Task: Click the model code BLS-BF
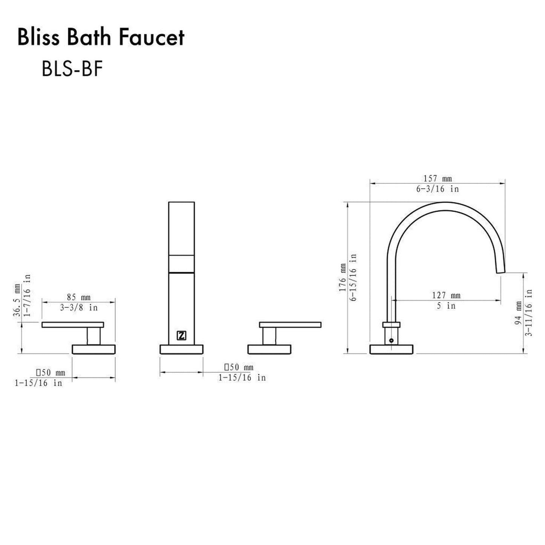72,69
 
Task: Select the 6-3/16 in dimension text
438,189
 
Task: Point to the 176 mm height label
342,278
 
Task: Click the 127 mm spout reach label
447,295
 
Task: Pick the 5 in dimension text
446,306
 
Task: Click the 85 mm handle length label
78,298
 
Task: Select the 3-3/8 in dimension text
79,308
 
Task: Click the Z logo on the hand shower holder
181,335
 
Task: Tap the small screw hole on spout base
391,340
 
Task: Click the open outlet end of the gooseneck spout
500,269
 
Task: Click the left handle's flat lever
72,325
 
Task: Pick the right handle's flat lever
290,325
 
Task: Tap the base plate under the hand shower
181,349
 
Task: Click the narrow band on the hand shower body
181,263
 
